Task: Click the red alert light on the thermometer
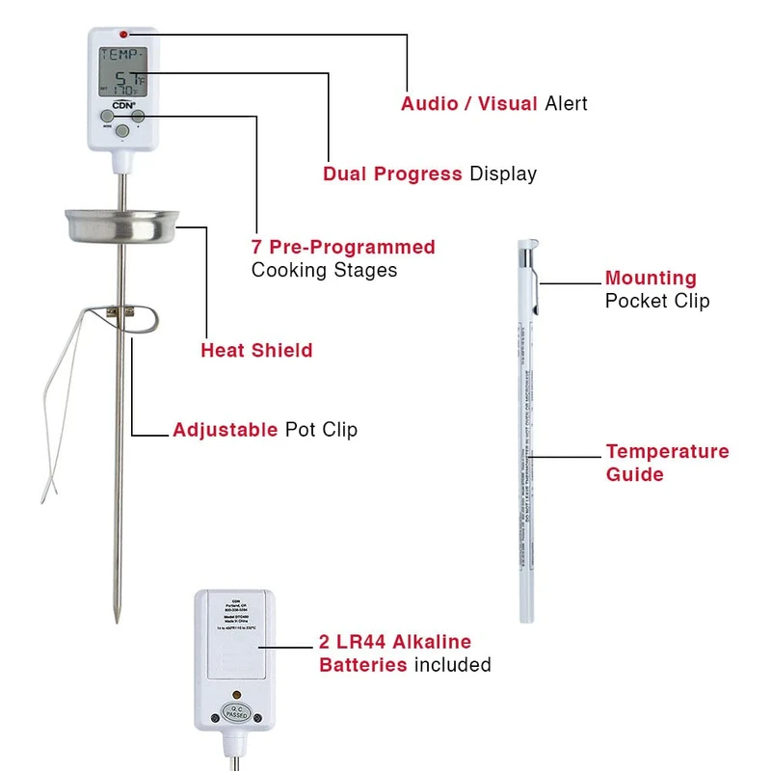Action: pyautogui.click(x=123, y=35)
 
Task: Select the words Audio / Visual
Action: pyautogui.click(x=468, y=103)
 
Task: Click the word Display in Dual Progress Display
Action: pyautogui.click(x=502, y=174)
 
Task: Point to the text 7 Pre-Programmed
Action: pyautogui.click(x=343, y=248)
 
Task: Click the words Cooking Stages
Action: pyautogui.click(x=324, y=271)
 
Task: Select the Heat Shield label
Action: pyautogui.click(x=256, y=351)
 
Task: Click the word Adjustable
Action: pyautogui.click(x=225, y=430)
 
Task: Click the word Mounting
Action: pyautogui.click(x=651, y=279)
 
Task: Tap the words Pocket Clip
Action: pyautogui.click(x=656, y=302)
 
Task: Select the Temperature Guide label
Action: pyautogui.click(x=667, y=463)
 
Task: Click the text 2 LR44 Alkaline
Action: pyautogui.click(x=395, y=642)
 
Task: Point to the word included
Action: pyautogui.click(x=452, y=665)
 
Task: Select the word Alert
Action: pyautogui.click(x=566, y=103)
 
